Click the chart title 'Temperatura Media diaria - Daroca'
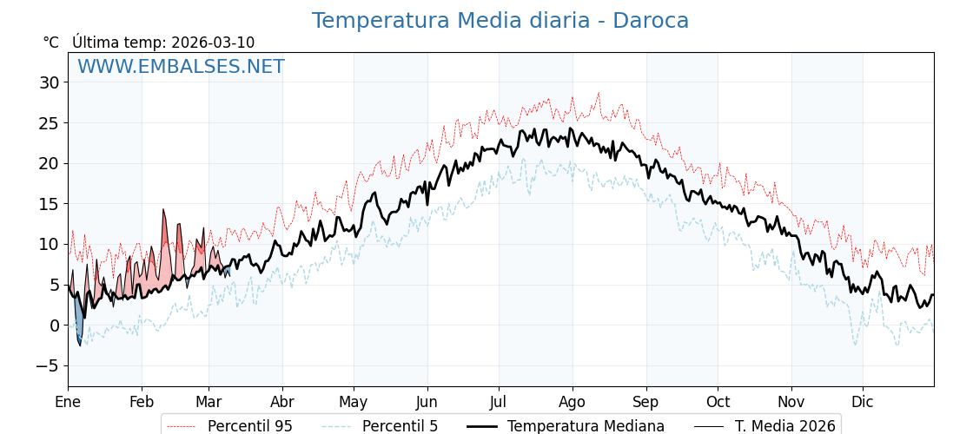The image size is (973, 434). pos(500,21)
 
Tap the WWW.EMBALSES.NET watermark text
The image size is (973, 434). pos(181,67)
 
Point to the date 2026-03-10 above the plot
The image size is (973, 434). pos(213,43)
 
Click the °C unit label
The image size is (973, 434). pos(51,43)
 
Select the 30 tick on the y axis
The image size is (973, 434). pos(49,82)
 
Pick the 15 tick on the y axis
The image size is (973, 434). pos(49,204)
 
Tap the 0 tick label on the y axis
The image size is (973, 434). pos(54,325)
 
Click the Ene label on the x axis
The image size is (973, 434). pos(68,402)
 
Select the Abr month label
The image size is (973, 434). pos(282,402)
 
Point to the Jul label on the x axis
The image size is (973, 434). pos(499,402)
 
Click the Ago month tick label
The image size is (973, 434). pos(573,402)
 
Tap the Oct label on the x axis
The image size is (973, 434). pos(718,402)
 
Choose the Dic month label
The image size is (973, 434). pos(863,402)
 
